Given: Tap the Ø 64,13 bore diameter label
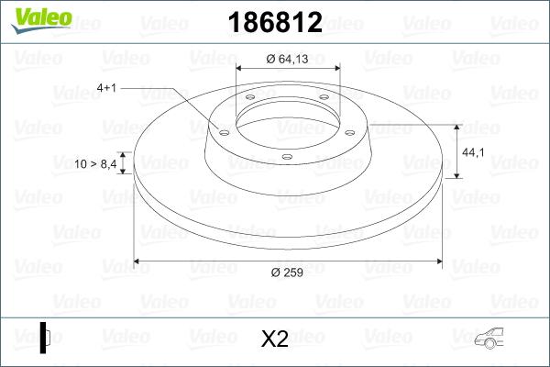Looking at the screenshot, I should tap(288, 60).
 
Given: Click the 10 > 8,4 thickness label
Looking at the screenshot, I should tap(95, 163).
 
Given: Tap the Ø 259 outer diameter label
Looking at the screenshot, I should tap(286, 272).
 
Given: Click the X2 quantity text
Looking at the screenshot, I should tap(274, 339).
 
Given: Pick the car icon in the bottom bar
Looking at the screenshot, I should tap(494, 339).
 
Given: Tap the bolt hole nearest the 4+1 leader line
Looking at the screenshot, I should tap(223, 130).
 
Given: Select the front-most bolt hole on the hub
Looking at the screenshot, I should tap(286, 157).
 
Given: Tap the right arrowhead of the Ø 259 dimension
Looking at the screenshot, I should tap(436, 261).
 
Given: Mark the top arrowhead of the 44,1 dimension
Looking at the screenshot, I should tap(456, 126).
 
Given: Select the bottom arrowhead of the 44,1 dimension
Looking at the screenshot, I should tap(456, 174).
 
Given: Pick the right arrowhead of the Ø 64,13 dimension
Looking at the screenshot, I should tap(335, 68).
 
